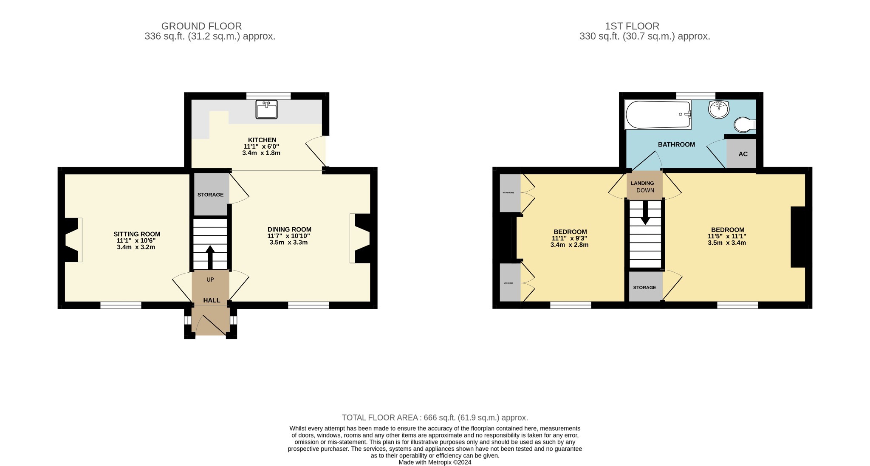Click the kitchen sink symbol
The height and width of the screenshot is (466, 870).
266,110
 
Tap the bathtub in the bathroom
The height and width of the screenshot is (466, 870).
658,114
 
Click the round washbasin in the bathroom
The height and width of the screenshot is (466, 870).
718,110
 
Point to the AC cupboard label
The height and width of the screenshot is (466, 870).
743,154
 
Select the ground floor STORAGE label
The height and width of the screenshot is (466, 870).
210,195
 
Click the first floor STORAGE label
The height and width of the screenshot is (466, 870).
644,288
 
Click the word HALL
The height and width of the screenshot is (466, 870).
212,300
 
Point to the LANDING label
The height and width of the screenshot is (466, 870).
642,183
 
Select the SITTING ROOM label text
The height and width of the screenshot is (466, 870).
137,234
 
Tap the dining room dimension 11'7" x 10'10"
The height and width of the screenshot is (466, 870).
289,236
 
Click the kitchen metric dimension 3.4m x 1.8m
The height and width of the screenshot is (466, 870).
261,153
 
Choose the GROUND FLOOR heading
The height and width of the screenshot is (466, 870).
201,26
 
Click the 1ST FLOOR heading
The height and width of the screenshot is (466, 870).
632,26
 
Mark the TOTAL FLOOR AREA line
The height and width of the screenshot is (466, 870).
435,418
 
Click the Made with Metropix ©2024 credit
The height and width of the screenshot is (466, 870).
435,463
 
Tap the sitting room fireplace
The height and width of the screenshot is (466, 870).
72,240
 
